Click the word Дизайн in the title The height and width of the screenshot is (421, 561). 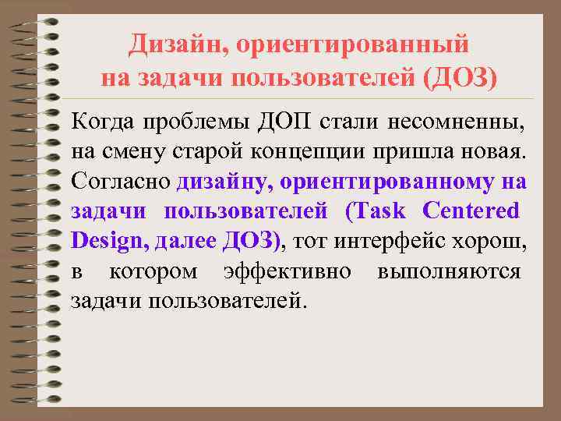pos(173,44)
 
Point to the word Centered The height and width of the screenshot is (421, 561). pos(470,211)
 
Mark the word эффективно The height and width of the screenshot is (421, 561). pos(287,271)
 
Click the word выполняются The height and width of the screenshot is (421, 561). pos(449,271)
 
